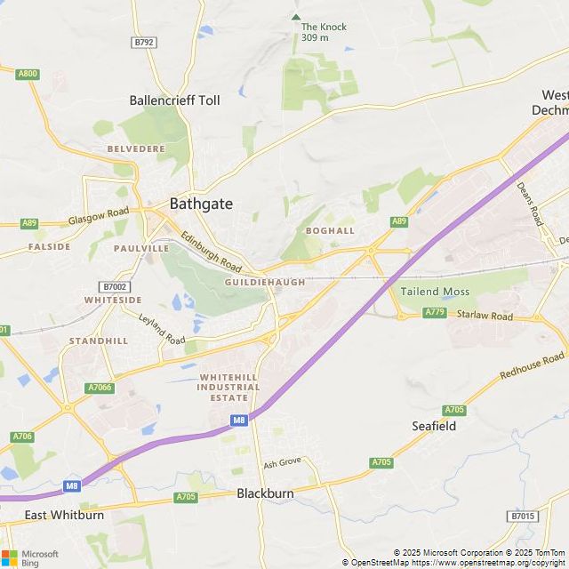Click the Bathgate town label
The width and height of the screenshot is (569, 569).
click(x=202, y=204)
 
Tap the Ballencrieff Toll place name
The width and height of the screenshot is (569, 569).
click(x=174, y=100)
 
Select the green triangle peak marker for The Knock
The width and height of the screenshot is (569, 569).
click(x=296, y=17)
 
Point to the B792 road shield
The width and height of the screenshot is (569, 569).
click(x=143, y=42)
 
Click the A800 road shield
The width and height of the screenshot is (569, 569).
click(x=28, y=74)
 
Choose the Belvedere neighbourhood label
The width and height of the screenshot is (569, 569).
click(x=136, y=148)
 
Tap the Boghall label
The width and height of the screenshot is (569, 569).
click(x=329, y=231)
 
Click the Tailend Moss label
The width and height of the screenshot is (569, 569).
click(x=435, y=291)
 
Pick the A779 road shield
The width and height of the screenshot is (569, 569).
click(x=435, y=312)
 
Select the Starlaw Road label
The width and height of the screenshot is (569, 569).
click(x=485, y=316)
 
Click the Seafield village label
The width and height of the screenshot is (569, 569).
click(x=434, y=426)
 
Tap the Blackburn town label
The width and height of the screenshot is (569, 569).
click(x=265, y=493)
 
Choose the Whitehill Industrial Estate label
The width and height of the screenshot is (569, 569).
click(x=228, y=388)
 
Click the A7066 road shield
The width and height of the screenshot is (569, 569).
click(x=100, y=388)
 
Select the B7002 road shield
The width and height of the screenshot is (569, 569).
click(x=115, y=286)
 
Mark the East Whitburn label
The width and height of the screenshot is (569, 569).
click(x=64, y=515)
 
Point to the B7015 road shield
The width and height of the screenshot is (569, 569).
click(x=523, y=516)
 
